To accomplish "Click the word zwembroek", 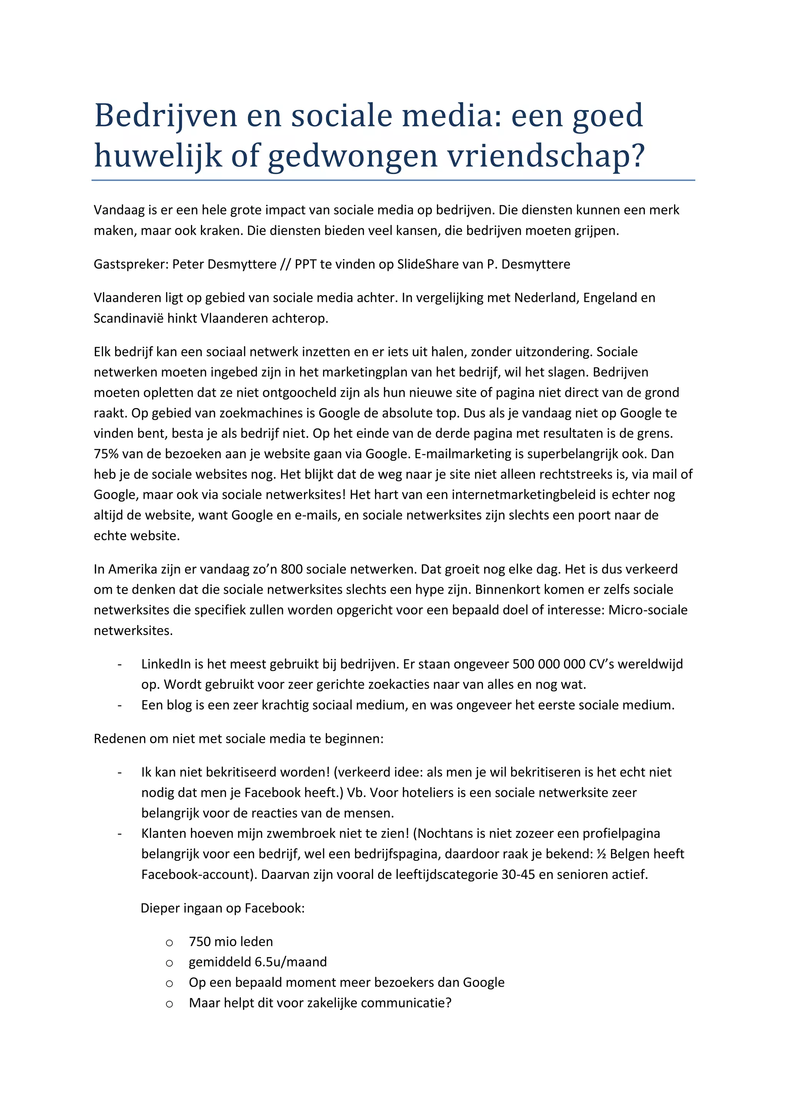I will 301,833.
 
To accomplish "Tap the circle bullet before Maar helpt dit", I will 169,1004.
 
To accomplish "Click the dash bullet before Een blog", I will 119,705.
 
